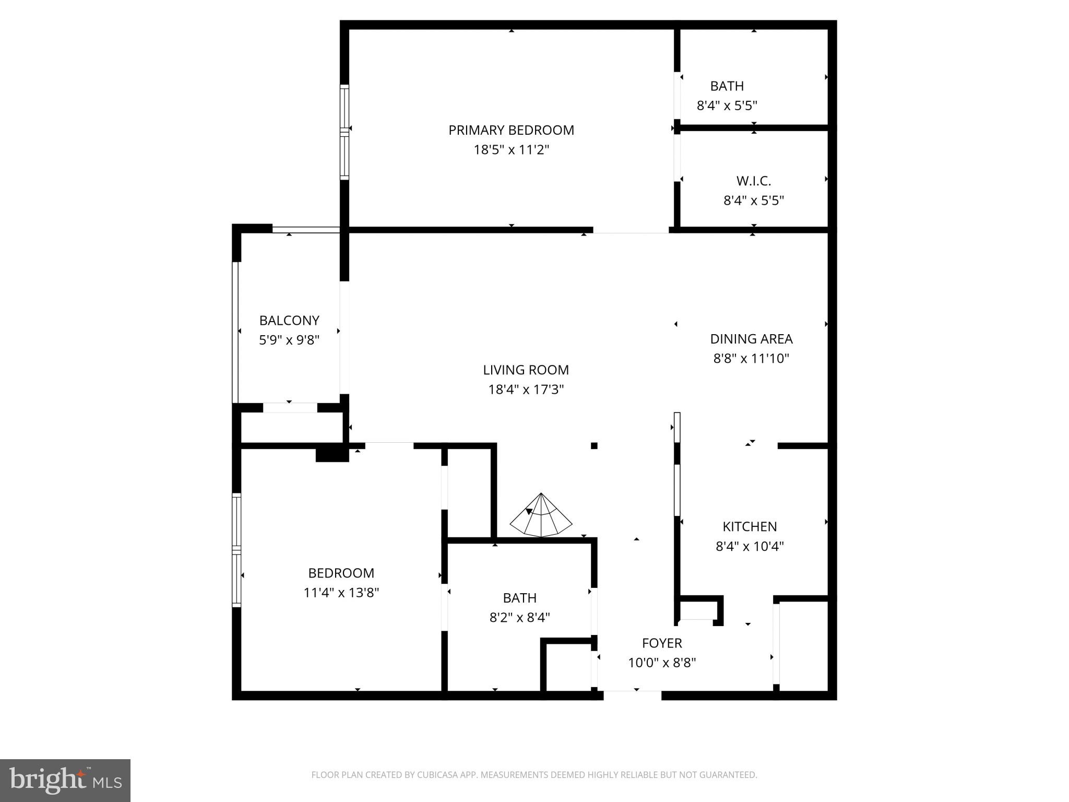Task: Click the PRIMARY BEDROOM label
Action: click(x=511, y=130)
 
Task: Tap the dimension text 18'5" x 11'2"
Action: click(x=511, y=150)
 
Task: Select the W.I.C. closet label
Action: click(x=753, y=181)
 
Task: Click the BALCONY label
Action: click(x=289, y=320)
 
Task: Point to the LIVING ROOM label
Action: click(x=526, y=370)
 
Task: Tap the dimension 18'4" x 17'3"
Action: click(x=526, y=390)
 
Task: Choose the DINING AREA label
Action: click(x=751, y=339)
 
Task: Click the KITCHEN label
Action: click(x=750, y=526)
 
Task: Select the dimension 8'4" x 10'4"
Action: click(x=750, y=546)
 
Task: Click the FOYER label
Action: click(x=662, y=643)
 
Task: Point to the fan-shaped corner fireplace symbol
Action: click(x=541, y=517)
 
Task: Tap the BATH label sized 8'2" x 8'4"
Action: click(x=519, y=598)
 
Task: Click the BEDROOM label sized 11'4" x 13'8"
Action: click(x=341, y=573)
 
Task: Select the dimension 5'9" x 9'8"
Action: click(x=289, y=340)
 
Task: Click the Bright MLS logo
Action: click(x=65, y=780)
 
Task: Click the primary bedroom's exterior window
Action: click(x=344, y=132)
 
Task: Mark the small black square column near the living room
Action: click(x=594, y=445)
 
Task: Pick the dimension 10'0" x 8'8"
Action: click(x=662, y=663)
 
